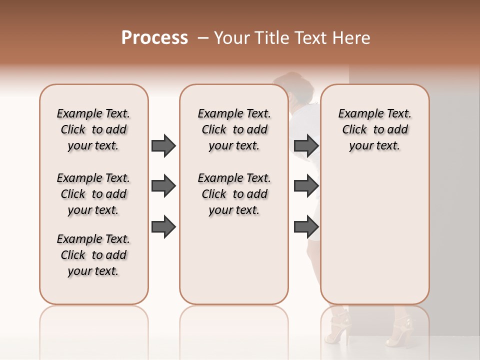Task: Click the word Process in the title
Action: click(x=154, y=38)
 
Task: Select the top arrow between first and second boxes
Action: click(x=163, y=145)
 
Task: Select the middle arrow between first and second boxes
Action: click(x=163, y=186)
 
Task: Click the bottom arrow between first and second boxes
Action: click(x=163, y=227)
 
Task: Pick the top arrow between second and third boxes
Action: click(x=306, y=145)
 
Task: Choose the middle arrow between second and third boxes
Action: click(x=306, y=186)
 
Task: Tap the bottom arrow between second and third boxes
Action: click(x=306, y=227)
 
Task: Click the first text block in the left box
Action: click(x=93, y=129)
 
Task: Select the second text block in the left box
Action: click(x=93, y=194)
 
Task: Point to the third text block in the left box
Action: click(x=93, y=255)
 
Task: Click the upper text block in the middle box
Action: click(x=234, y=129)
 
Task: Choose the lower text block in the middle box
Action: click(x=234, y=194)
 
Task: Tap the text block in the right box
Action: click(x=374, y=129)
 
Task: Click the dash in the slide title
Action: click(x=202, y=38)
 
